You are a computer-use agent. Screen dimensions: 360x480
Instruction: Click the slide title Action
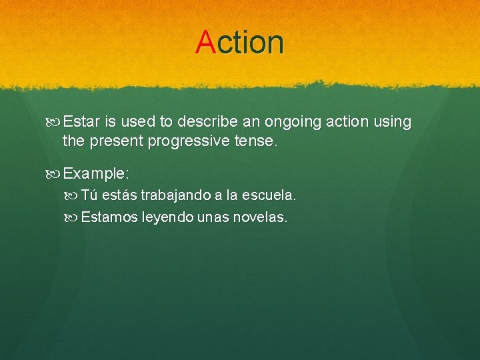(240, 42)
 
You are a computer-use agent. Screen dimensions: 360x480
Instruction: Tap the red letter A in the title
(205, 42)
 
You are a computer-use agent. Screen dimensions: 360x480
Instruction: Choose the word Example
(95, 173)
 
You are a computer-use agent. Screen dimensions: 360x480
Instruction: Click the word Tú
(90, 195)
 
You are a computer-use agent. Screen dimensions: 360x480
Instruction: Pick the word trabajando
(175, 196)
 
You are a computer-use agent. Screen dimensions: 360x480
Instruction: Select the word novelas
(261, 217)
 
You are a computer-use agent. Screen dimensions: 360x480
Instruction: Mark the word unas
(213, 217)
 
